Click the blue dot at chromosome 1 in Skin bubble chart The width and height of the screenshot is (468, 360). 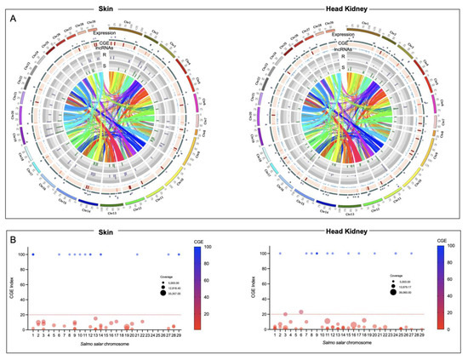pyautogui.click(x=33, y=254)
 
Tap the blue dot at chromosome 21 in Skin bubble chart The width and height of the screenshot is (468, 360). pyautogui.click(x=136, y=254)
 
